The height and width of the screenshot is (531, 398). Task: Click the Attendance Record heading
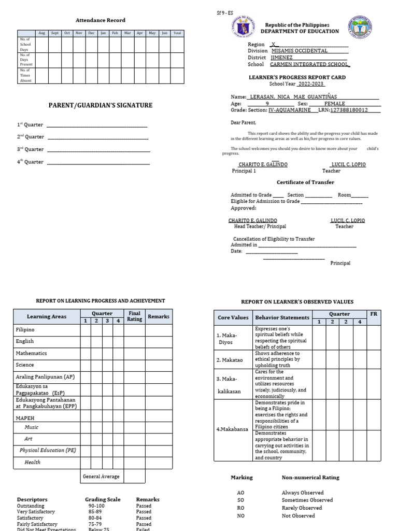[x=101, y=20]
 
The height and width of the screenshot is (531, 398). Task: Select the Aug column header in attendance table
[x=41, y=33]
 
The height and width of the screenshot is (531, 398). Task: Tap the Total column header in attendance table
[x=177, y=33]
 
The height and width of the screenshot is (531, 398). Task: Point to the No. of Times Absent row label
[x=26, y=75]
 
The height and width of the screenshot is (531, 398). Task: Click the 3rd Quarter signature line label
[x=31, y=149]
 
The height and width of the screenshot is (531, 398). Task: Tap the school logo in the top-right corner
[x=360, y=28]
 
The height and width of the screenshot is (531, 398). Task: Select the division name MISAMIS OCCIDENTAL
[x=300, y=51]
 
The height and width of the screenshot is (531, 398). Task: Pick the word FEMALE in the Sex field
[x=334, y=104]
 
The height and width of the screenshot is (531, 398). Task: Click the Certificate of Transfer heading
[x=305, y=183]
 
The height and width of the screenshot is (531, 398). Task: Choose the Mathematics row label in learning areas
[x=31, y=353]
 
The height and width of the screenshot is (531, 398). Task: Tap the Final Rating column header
[x=134, y=316]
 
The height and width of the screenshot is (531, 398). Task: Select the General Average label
[x=101, y=477]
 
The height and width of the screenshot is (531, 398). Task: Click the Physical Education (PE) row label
[x=48, y=450]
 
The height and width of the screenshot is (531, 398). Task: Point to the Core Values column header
[x=233, y=317]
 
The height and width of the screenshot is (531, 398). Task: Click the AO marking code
[x=240, y=493]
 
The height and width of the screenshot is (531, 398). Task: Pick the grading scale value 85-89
[x=96, y=512]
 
